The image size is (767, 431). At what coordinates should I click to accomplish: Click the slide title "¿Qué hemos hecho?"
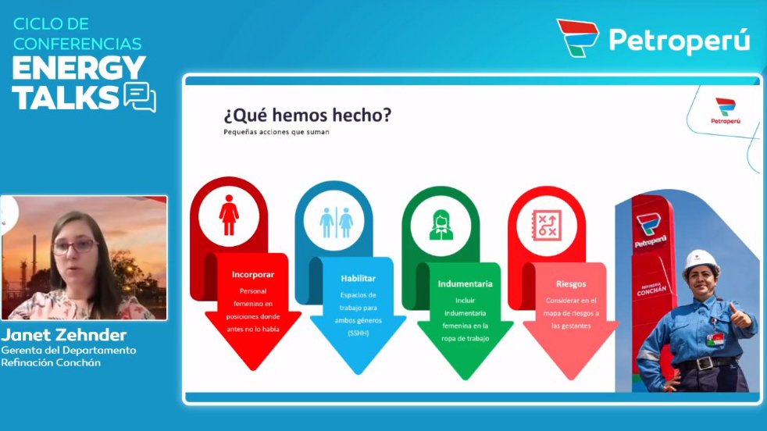coord(307,116)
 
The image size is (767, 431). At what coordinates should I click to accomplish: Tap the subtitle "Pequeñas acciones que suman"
coord(276,132)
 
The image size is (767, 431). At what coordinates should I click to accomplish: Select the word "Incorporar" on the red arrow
coord(253,275)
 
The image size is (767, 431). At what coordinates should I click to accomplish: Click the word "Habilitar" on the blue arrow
coord(358,279)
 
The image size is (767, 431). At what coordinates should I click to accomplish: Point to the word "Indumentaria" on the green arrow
coord(466,283)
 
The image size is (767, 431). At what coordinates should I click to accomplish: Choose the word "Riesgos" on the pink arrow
coord(571,283)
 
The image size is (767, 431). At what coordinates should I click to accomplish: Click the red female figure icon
coord(229,215)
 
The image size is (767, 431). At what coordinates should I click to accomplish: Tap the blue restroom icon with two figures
coord(336,222)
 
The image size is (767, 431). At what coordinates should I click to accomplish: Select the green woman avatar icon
coord(441,225)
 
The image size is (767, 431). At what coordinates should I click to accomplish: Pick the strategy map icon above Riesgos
coord(547,226)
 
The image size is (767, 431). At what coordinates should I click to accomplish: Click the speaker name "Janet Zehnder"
coord(64,335)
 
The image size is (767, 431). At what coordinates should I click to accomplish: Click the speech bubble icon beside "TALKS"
coord(141,97)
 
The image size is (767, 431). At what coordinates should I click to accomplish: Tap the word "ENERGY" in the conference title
coord(79,67)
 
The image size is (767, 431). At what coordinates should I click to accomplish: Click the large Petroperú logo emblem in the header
coord(578,37)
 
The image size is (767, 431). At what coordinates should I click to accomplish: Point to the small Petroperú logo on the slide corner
coord(726,111)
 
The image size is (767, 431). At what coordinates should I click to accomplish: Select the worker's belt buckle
coord(705,364)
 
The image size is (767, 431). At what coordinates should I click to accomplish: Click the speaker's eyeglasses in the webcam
coord(75,247)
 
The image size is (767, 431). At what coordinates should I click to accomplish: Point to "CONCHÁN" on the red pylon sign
coord(651,290)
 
